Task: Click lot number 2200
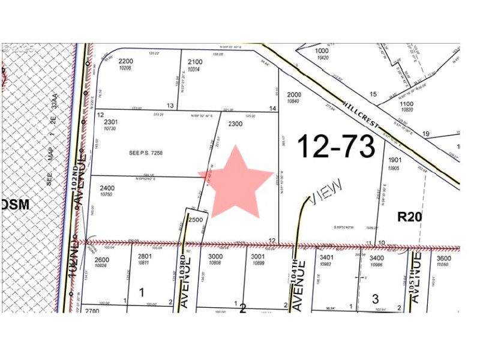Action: click(x=125, y=61)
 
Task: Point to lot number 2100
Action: click(x=195, y=62)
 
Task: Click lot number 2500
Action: click(x=196, y=220)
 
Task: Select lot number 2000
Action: click(x=294, y=94)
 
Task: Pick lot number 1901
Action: click(x=394, y=160)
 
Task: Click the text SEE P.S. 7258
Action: click(x=146, y=153)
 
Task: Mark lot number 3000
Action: click(x=215, y=256)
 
